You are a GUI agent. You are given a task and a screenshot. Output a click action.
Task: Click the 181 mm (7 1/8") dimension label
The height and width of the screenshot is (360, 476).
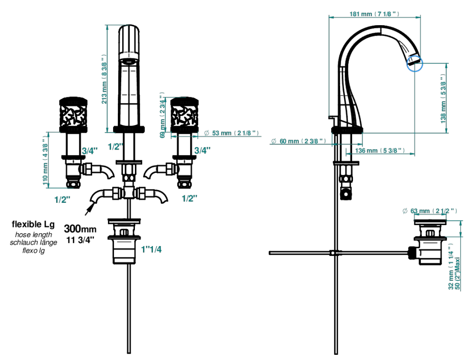(x=374, y=14)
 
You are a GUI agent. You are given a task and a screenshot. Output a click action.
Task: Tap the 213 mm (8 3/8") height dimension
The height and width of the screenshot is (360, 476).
(x=104, y=79)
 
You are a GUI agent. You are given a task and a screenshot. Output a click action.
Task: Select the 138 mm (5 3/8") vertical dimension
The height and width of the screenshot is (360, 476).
(x=444, y=98)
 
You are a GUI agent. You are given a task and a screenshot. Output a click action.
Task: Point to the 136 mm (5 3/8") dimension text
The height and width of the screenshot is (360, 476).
(x=380, y=151)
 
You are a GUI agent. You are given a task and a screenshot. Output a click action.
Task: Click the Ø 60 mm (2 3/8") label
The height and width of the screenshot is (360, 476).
(x=298, y=141)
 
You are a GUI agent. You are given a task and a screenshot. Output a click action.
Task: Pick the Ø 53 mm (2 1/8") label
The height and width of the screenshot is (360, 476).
(x=231, y=133)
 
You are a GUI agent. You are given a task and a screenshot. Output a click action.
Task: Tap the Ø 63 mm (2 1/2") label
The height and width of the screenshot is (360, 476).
(x=429, y=211)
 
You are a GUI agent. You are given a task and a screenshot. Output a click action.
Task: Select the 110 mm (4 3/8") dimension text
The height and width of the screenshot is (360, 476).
(x=46, y=161)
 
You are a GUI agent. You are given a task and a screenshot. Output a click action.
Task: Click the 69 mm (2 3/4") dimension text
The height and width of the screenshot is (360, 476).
(x=163, y=115)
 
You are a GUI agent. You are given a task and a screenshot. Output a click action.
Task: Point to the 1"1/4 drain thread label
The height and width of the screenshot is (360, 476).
(x=151, y=249)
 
